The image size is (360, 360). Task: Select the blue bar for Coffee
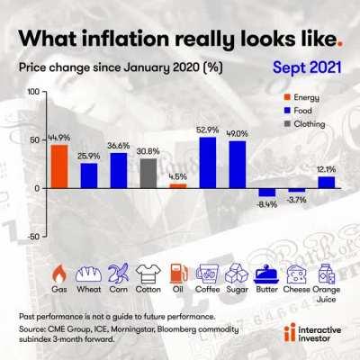[208, 163]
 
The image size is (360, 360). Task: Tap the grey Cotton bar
[148, 173]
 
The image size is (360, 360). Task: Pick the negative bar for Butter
[267, 192]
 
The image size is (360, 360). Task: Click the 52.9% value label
[208, 130]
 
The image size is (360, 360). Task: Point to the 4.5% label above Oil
[178, 176]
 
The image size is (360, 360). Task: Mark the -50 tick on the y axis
[31, 236]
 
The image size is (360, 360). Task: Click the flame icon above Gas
[58, 272]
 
